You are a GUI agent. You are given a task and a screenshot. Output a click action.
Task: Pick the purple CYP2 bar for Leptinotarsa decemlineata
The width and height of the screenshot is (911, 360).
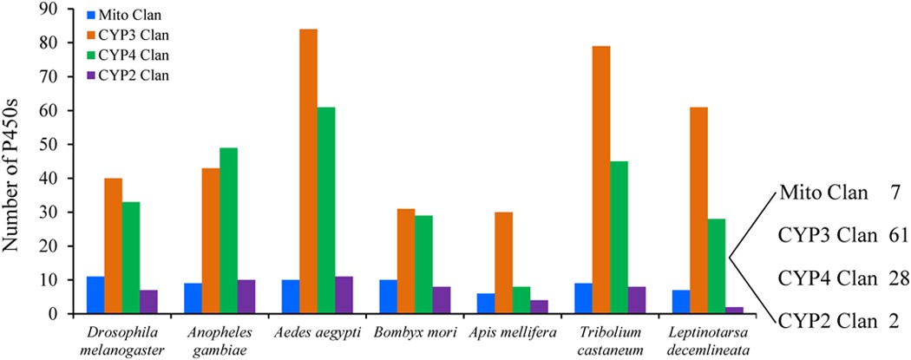tap(735, 311)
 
